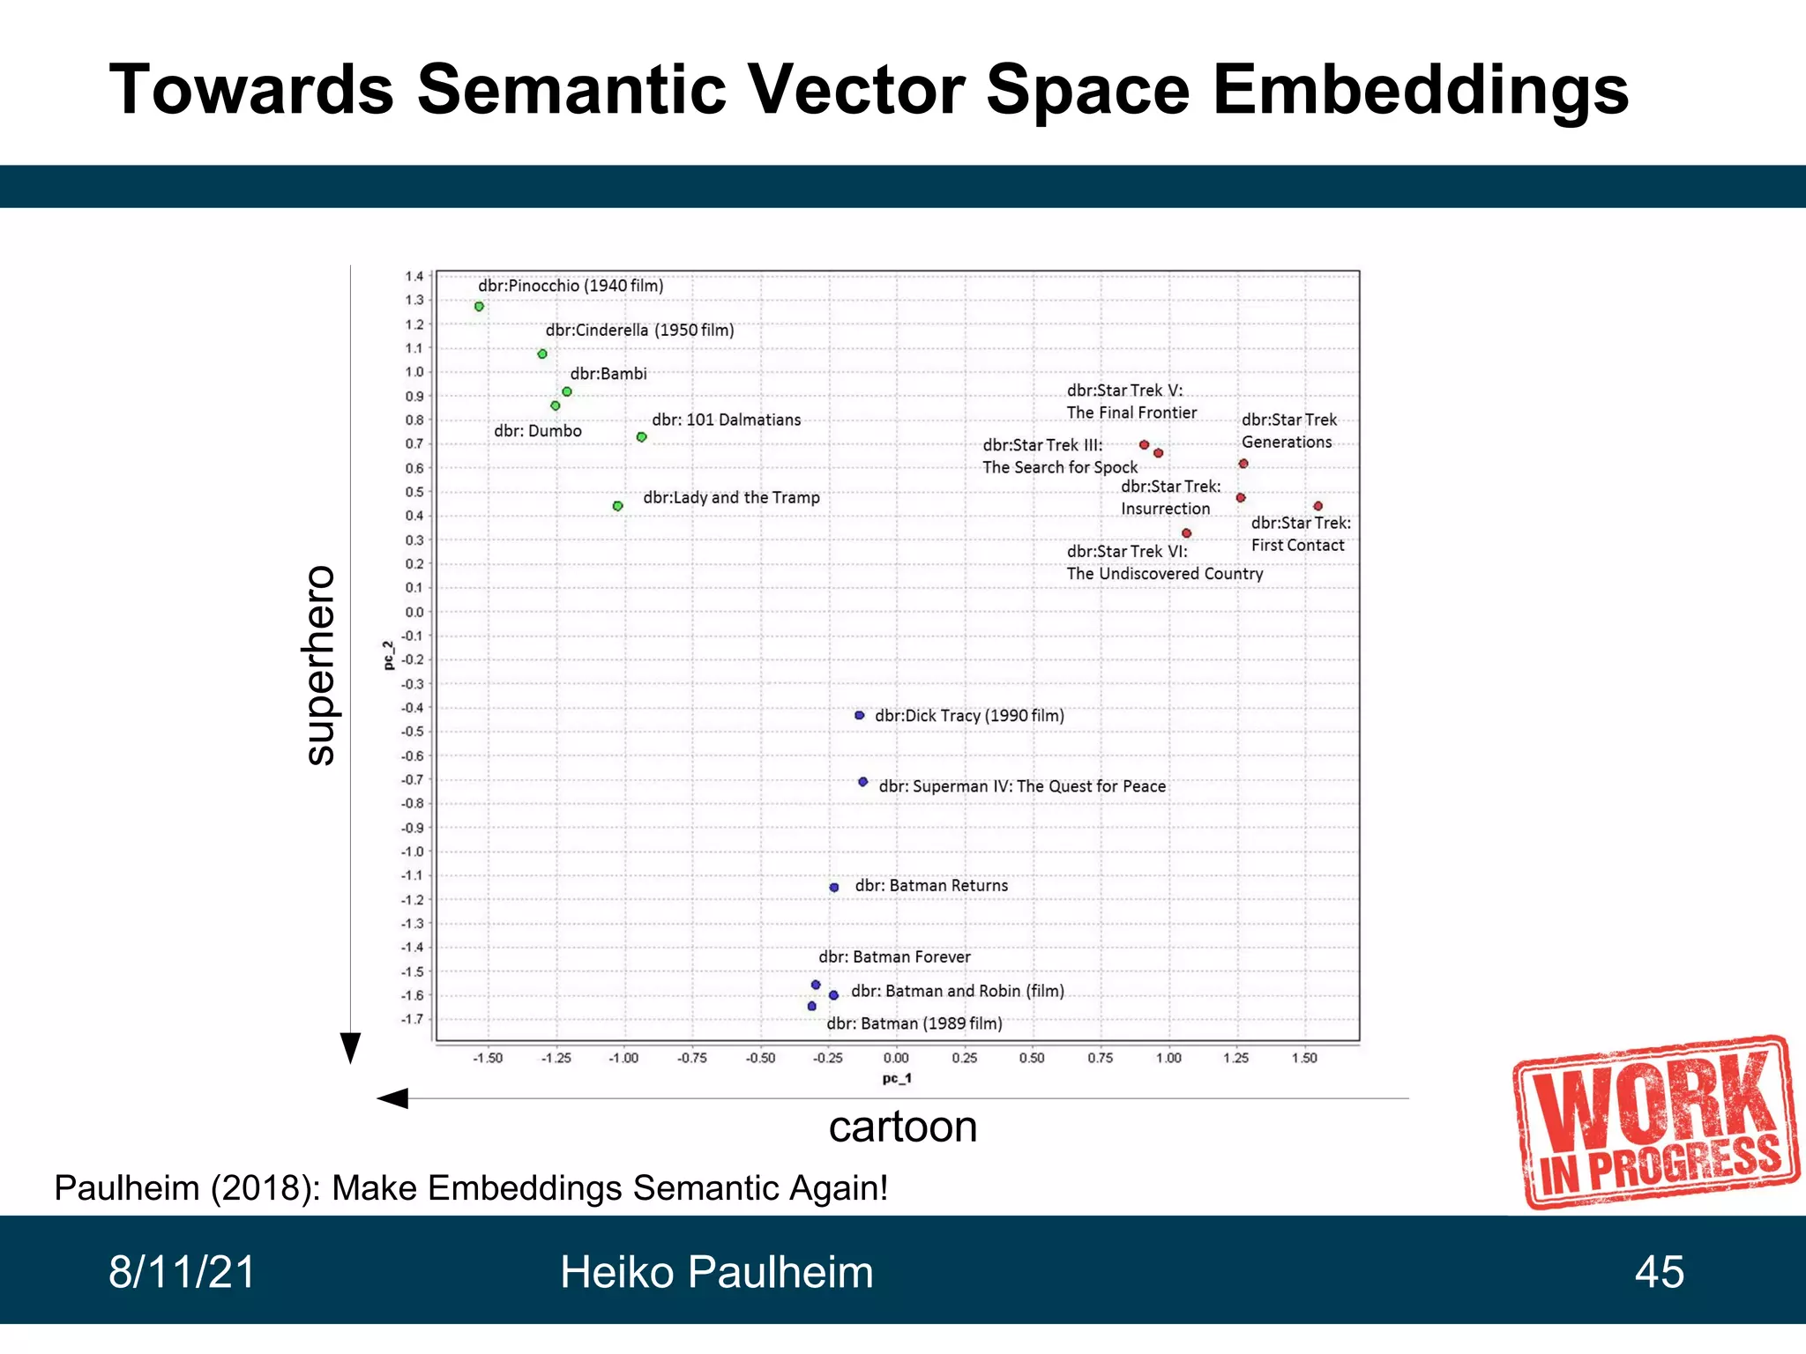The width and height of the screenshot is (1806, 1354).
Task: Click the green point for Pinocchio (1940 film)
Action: (x=479, y=307)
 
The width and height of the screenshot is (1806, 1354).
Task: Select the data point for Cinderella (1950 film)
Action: (x=542, y=354)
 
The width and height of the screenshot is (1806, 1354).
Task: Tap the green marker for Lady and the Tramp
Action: (x=618, y=506)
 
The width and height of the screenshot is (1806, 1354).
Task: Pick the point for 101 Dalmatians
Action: (x=642, y=437)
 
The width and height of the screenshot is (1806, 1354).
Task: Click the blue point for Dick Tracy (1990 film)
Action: (x=860, y=716)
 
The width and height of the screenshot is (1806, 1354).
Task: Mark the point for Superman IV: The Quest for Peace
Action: (x=863, y=782)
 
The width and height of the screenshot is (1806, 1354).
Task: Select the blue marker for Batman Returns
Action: (x=834, y=888)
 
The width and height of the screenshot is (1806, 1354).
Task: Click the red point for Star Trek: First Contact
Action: (x=1318, y=506)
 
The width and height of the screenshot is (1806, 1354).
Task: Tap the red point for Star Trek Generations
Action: (x=1243, y=464)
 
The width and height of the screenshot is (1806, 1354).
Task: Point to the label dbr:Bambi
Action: (x=608, y=374)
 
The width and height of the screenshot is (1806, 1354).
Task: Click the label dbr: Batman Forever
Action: (x=894, y=957)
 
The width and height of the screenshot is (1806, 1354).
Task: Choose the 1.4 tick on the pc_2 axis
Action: (x=414, y=277)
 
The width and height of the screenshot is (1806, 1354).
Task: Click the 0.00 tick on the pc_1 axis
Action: (x=896, y=1058)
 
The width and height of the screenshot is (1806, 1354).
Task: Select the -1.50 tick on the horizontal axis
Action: (x=488, y=1058)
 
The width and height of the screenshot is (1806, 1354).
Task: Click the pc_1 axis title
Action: (x=896, y=1079)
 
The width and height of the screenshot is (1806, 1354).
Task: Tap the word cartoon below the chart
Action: (x=903, y=1127)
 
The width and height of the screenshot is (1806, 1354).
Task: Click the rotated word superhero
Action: (x=319, y=665)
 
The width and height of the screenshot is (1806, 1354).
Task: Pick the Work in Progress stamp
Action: (x=1656, y=1121)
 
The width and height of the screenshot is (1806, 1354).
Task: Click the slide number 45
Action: (x=1659, y=1272)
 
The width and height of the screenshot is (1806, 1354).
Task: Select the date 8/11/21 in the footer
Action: (x=182, y=1272)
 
